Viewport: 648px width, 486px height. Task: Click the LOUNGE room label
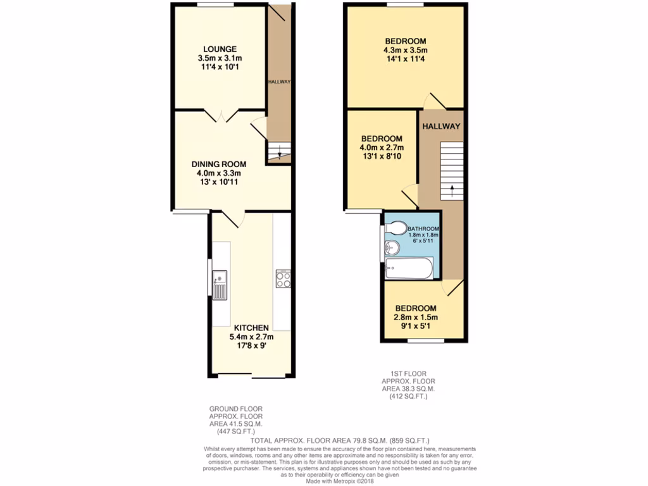click(x=220, y=49)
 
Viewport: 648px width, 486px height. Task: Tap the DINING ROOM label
click(x=219, y=164)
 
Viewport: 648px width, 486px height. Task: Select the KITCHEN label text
click(x=252, y=328)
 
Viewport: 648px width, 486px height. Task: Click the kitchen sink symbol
click(x=220, y=283)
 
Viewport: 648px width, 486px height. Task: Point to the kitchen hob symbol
click(x=283, y=279)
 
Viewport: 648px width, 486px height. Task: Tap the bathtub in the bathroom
click(x=409, y=268)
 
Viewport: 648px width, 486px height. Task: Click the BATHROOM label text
click(x=423, y=229)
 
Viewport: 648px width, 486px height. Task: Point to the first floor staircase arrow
click(x=452, y=188)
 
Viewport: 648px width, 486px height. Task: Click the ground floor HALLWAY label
click(x=278, y=82)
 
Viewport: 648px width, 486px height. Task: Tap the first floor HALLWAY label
click(x=441, y=127)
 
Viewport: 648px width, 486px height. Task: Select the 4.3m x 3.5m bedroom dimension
click(x=405, y=51)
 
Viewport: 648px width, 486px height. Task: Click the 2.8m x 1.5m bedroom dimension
click(x=416, y=318)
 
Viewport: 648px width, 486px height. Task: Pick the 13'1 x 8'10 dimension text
click(x=382, y=158)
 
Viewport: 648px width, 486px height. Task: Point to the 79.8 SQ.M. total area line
click(x=340, y=440)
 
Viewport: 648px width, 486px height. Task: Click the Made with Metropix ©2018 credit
click(x=340, y=482)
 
